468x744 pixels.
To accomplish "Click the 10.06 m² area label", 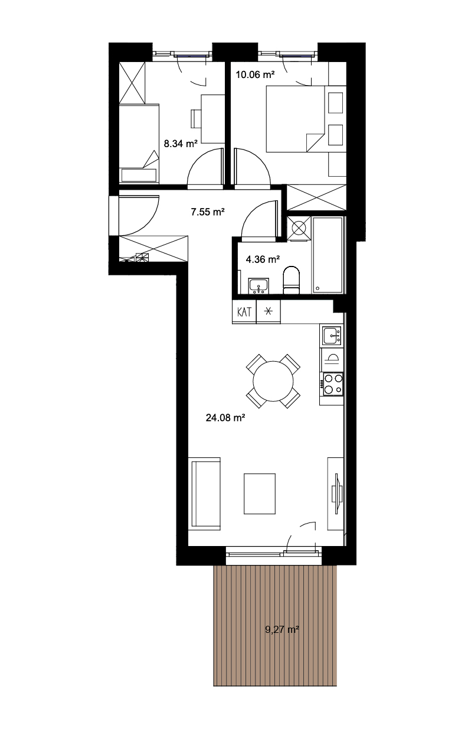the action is point(255,74).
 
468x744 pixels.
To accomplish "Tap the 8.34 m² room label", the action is point(181,144).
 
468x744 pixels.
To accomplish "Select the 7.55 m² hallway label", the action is point(208,212).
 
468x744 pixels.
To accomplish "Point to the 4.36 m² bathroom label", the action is point(263,259).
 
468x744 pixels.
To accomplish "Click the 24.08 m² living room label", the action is point(225,418).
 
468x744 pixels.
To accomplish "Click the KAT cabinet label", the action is point(244,312).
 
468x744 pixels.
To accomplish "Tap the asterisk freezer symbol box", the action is point(269,311).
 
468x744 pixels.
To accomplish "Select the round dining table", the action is point(273,381).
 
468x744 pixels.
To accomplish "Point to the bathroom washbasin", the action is point(258,286).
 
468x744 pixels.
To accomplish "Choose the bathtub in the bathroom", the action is point(328,255).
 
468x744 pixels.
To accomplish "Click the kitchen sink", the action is point(332,336).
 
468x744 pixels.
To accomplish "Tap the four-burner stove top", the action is point(332,384).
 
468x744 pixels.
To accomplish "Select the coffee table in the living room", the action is point(260,493).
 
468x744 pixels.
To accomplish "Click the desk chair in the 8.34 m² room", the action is point(196,119).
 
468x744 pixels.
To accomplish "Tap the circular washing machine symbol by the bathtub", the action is point(299,228).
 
